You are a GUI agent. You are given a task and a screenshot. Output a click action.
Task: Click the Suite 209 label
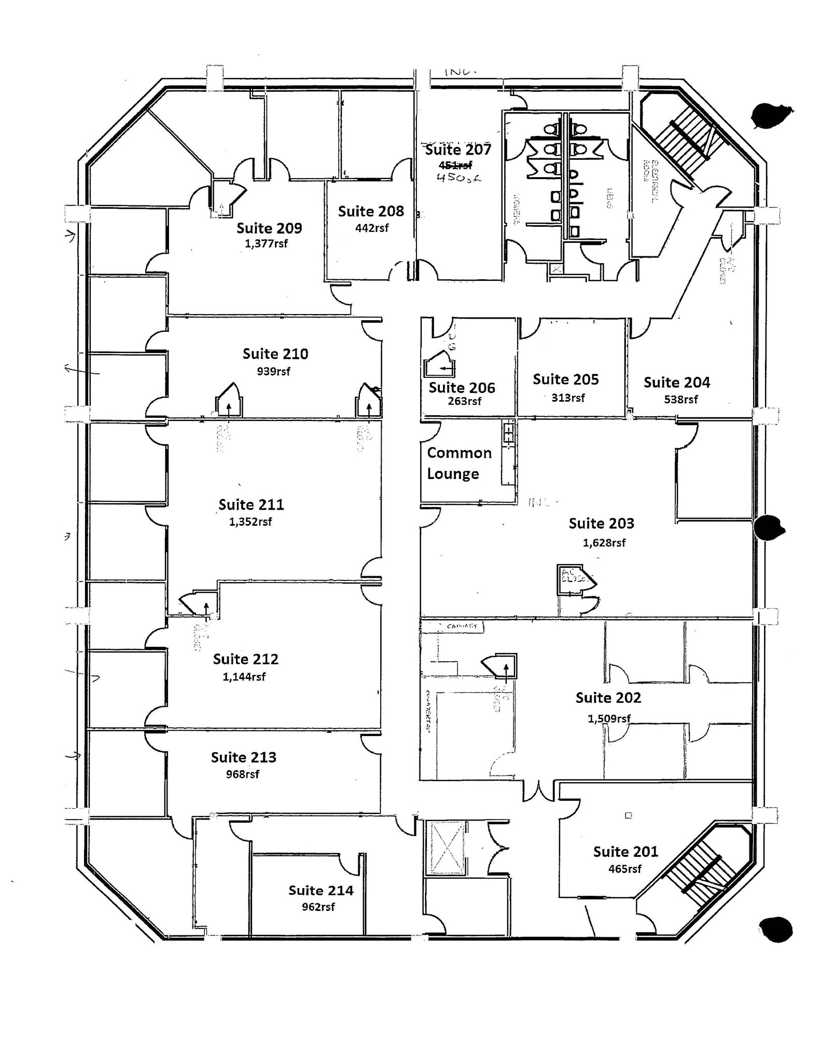(x=269, y=228)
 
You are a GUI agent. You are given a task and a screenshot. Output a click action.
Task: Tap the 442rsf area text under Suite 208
(x=371, y=227)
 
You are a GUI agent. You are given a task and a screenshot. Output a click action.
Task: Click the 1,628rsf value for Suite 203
(x=604, y=543)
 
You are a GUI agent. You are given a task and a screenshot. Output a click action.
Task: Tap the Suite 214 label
(x=321, y=891)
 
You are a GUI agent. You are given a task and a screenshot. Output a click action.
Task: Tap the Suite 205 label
(x=565, y=379)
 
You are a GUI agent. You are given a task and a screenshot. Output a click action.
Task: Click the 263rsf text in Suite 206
(x=464, y=401)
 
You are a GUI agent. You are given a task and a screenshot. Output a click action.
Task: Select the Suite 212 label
(x=245, y=659)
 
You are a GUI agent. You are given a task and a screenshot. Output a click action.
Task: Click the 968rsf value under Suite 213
(x=242, y=774)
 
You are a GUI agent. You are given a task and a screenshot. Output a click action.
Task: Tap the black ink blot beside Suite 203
(x=768, y=528)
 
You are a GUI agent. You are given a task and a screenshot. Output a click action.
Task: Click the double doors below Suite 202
(x=540, y=789)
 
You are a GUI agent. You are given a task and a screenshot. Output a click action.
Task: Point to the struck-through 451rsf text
(x=455, y=165)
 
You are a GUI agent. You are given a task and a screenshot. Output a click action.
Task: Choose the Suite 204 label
(x=676, y=383)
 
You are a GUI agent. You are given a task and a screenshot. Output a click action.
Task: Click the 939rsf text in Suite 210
(x=273, y=371)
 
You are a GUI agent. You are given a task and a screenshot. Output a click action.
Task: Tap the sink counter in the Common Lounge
(x=509, y=452)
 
